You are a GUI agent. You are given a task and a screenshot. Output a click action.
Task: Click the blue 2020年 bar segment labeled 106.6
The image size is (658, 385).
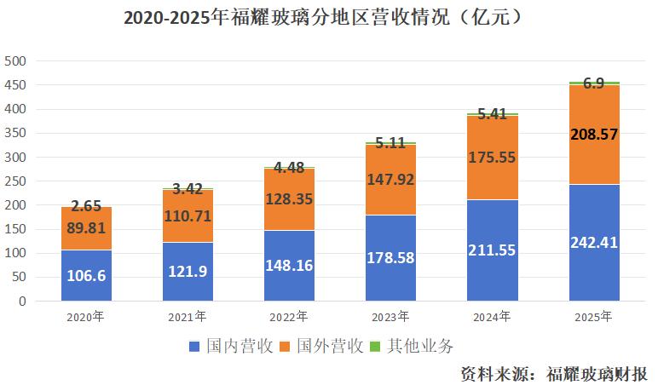[86, 275]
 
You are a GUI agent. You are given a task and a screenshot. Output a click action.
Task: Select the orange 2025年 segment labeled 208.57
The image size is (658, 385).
[594, 135]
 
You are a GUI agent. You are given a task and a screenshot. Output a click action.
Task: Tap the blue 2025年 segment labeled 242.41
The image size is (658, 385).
[594, 243]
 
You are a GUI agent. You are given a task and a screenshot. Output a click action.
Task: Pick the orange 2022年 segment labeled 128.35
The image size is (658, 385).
[289, 198]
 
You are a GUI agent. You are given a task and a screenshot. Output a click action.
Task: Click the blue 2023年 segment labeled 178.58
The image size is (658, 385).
[390, 258]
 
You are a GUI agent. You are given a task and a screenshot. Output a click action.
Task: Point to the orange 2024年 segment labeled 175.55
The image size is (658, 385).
[493, 158]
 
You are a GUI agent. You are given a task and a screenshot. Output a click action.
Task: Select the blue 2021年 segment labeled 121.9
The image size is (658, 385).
[188, 271]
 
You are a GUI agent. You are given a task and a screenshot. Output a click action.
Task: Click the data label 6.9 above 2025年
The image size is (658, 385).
[594, 83]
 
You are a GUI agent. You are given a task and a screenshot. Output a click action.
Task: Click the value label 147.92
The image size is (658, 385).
[390, 180]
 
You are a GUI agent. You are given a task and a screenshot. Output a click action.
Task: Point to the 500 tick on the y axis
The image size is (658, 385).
[16, 61]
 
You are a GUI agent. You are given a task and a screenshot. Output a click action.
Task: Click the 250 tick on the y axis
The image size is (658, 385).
[16, 181]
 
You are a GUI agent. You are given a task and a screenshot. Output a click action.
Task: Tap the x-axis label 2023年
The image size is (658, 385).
[390, 317]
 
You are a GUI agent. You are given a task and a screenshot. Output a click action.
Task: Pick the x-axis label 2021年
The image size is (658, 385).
[188, 317]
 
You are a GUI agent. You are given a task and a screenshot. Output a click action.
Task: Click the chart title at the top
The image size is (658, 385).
[328, 16]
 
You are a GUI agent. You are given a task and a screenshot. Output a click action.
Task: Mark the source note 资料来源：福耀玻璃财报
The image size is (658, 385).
[553, 372]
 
